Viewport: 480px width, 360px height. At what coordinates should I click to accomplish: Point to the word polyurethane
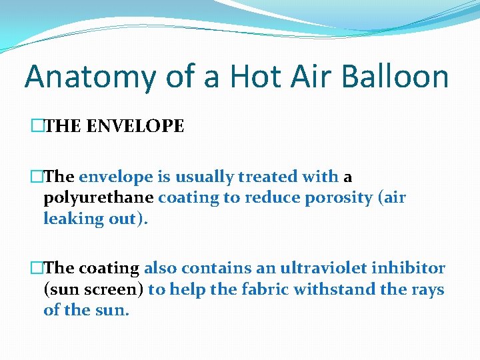point(99,198)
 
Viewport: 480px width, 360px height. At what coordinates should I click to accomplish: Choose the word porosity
point(329,198)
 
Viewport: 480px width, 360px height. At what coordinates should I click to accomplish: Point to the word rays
point(427,289)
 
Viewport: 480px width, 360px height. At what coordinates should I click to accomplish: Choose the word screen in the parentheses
point(115,289)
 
